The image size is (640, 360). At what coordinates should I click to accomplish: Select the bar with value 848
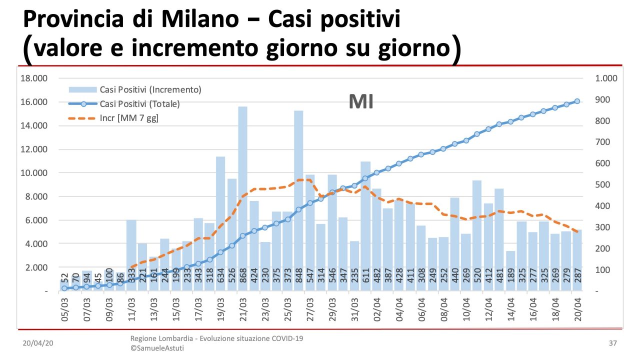(x=298, y=200)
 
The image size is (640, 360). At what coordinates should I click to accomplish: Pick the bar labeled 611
(x=365, y=225)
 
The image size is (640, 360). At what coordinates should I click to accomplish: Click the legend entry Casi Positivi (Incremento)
(x=150, y=90)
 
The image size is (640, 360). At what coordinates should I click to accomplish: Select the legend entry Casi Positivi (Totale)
(x=139, y=104)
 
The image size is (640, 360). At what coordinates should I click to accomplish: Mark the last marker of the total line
(x=577, y=101)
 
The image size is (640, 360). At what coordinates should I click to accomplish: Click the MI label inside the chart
(x=361, y=102)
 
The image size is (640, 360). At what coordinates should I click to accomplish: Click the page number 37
(x=613, y=343)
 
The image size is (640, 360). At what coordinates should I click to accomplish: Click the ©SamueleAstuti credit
(x=157, y=348)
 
